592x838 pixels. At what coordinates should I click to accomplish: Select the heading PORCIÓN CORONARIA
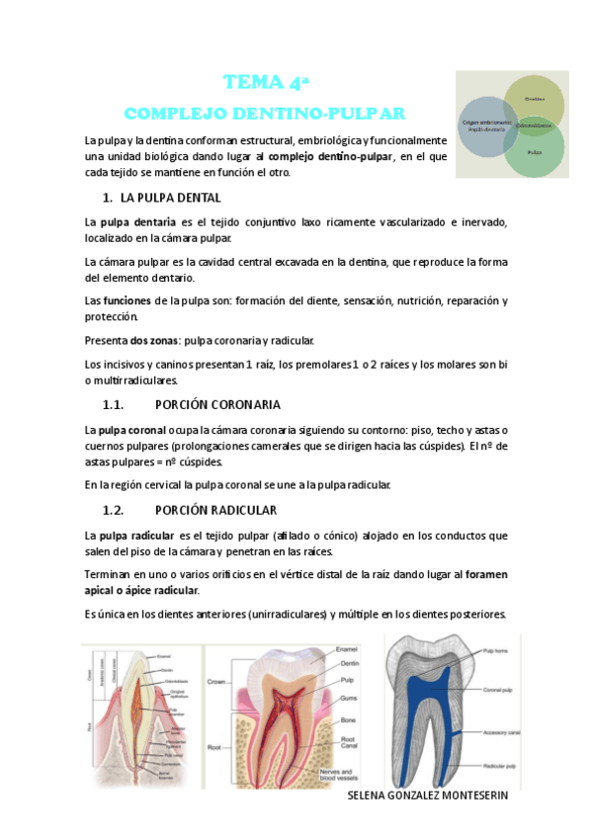pos(218,404)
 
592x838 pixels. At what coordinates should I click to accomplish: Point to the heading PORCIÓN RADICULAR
pos(215,510)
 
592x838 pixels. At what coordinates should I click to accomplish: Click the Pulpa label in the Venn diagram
pos(535,152)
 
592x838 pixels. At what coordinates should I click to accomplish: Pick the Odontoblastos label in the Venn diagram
pos(534,125)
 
